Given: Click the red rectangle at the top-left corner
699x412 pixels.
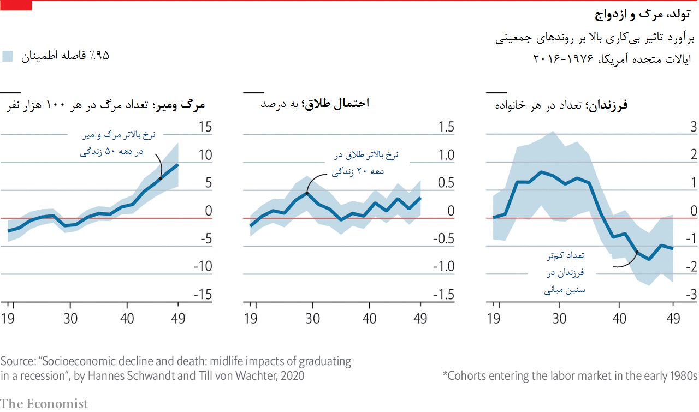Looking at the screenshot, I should coord(16,5).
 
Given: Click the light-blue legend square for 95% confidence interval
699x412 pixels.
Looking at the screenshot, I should coord(8,56).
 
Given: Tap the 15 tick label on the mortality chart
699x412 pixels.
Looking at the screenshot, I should coord(204,127).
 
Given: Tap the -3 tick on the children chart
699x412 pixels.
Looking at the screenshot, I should coord(691,295).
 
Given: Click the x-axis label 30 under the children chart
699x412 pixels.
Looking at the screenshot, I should coord(559,318).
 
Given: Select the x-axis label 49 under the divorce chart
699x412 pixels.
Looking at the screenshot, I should coord(420,318).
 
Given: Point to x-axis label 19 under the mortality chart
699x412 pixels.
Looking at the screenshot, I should coord(8,318).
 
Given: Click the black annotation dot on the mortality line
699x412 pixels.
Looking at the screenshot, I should coord(161,178).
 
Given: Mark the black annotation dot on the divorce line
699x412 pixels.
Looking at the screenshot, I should coord(307,193).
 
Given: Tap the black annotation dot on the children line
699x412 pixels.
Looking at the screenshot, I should coord(637,252).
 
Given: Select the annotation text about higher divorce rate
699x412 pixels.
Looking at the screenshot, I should coord(366,163).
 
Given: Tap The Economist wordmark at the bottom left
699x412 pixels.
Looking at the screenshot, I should coord(44,404).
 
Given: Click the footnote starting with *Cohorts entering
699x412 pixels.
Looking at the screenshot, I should coord(570,375).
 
